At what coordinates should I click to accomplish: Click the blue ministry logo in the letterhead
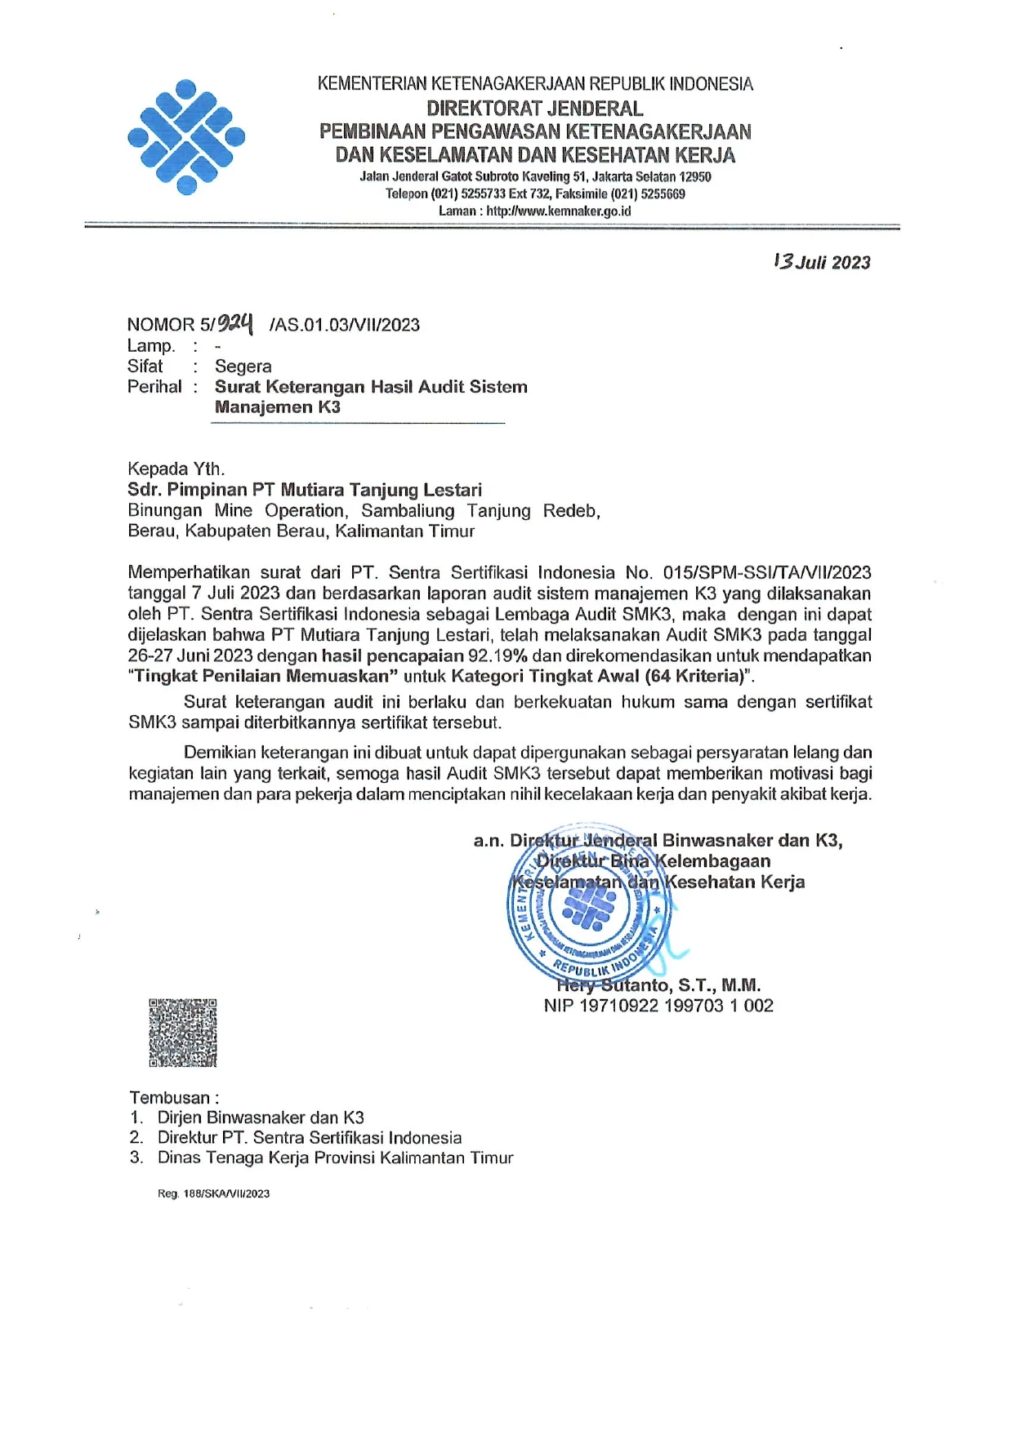coord(186,137)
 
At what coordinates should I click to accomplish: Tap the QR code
coord(183,1033)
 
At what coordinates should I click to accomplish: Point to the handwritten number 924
coord(236,323)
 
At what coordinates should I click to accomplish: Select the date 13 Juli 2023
coord(822,262)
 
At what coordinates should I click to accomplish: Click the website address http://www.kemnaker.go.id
coord(559,211)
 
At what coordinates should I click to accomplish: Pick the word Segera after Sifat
coord(243,367)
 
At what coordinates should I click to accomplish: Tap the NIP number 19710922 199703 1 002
coord(676,1006)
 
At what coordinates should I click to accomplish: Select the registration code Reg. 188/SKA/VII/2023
coord(213,1193)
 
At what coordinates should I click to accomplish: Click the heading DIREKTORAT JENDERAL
coord(535,108)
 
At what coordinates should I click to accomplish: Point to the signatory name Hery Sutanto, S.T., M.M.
coord(658,985)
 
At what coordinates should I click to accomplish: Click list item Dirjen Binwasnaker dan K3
coord(261,1118)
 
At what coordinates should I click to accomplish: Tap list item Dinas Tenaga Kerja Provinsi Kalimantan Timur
coord(335,1158)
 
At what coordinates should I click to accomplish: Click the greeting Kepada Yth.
coord(176,469)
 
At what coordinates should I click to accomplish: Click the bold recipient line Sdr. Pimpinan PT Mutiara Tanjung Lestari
coord(305,490)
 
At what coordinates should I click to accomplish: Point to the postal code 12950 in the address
coord(695,176)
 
